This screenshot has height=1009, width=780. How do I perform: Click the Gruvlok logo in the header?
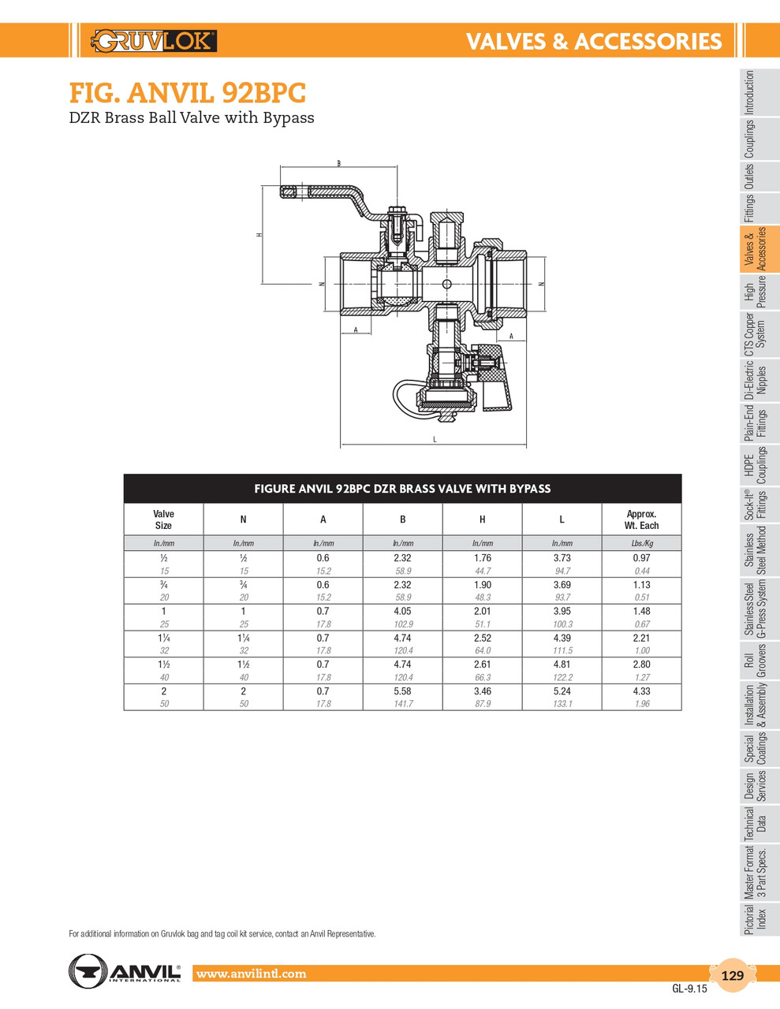pyautogui.click(x=155, y=40)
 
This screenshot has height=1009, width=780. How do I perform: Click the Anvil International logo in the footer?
pyautogui.click(x=125, y=970)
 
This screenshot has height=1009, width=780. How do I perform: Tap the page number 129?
pyautogui.click(x=733, y=975)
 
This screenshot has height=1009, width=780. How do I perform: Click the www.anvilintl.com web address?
pyautogui.click(x=251, y=974)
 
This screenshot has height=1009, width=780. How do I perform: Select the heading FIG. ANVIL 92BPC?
pyautogui.click(x=188, y=94)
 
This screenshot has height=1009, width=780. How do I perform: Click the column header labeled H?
pyautogui.click(x=482, y=519)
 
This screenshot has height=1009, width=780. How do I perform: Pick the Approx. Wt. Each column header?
pyautogui.click(x=641, y=519)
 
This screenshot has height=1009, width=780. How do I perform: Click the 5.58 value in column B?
pyautogui.click(x=402, y=691)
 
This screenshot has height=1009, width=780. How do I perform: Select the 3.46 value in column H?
pyautogui.click(x=482, y=691)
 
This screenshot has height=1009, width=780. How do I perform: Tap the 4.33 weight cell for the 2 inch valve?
pyautogui.click(x=641, y=691)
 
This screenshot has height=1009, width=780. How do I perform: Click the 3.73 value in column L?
pyautogui.click(x=562, y=557)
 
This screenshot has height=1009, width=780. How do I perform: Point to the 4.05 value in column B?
pyautogui.click(x=402, y=611)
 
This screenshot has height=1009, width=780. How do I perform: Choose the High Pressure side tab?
pyautogui.click(x=755, y=292)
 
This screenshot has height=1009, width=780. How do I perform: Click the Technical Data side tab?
pyautogui.click(x=755, y=825)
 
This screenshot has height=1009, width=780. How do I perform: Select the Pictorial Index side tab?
pyautogui.click(x=755, y=919)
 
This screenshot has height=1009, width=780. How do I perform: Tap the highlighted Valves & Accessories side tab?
pyautogui.click(x=755, y=249)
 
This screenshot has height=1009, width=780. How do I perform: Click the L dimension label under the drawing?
pyautogui.click(x=435, y=440)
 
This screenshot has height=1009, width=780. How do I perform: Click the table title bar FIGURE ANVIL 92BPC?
pyautogui.click(x=402, y=489)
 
